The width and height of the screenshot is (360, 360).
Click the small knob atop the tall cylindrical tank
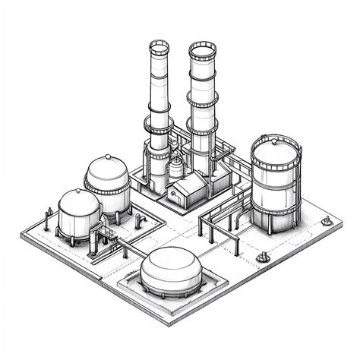pos(275,137)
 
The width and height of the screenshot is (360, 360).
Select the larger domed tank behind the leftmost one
pos(108,182)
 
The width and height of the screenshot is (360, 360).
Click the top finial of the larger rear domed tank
pos(107,156)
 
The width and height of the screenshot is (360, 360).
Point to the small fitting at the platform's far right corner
pos(327,221)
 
